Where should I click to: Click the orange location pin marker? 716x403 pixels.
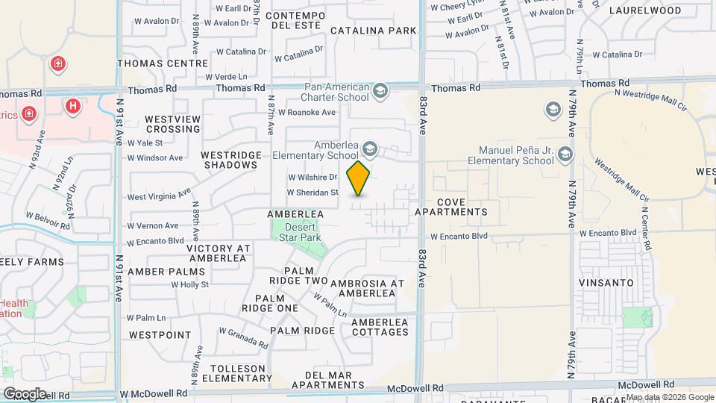[x=359, y=178]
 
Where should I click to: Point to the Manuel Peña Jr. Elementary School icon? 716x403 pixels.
[x=565, y=154]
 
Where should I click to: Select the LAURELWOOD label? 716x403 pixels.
[x=645, y=10]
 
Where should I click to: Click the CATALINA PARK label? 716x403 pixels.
[x=373, y=31]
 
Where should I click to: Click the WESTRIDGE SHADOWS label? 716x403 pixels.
[x=232, y=160]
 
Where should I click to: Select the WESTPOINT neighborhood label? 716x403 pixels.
[x=160, y=335]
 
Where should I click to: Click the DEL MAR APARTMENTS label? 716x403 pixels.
[x=328, y=379]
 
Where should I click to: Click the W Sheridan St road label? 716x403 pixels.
[x=313, y=193]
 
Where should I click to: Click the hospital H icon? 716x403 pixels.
[x=72, y=106]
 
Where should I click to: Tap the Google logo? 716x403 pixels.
[x=24, y=393]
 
